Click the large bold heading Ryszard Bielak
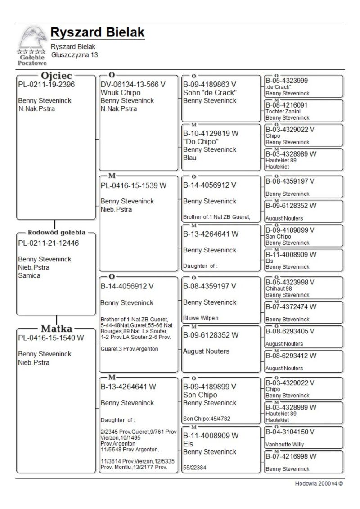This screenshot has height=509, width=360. pyautogui.click(x=97, y=32)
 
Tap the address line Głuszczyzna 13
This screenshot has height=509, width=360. pyautogui.click(x=74, y=55)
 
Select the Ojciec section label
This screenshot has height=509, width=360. pyautogui.click(x=57, y=76)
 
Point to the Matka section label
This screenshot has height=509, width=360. pyautogui.click(x=57, y=329)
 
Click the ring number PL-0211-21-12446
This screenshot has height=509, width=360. pyautogui.click(x=48, y=243)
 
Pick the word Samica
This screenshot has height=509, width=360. pyautogui.click(x=29, y=276)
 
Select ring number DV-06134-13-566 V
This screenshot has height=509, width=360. pyautogui.click(x=133, y=85)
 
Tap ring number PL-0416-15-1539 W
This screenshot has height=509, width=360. pyautogui.click(x=134, y=185)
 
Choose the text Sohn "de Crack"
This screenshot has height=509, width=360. pyautogui.click(x=210, y=93)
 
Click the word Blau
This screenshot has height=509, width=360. pyautogui.click(x=190, y=158)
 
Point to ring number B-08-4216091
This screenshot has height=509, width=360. pyautogui.click(x=287, y=105)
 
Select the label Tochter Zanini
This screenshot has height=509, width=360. pyautogui.click(x=283, y=111)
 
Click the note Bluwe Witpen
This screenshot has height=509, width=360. pyautogui.click(x=201, y=318)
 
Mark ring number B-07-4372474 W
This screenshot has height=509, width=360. pyautogui.click(x=291, y=307)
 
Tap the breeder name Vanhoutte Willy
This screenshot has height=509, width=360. pyautogui.click(x=285, y=445)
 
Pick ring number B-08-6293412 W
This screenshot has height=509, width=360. pyautogui.click(x=291, y=356)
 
